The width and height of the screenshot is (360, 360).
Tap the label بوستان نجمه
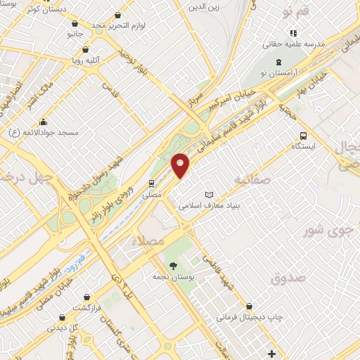point(173,277)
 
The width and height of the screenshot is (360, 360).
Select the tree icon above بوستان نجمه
point(173,265)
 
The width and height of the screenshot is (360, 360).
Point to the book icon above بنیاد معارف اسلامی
point(207,194)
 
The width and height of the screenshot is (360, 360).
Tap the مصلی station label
point(152,193)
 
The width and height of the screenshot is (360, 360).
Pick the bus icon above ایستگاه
point(303,136)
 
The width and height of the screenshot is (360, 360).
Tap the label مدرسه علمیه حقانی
point(294,44)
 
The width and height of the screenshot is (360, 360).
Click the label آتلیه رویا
point(86,60)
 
